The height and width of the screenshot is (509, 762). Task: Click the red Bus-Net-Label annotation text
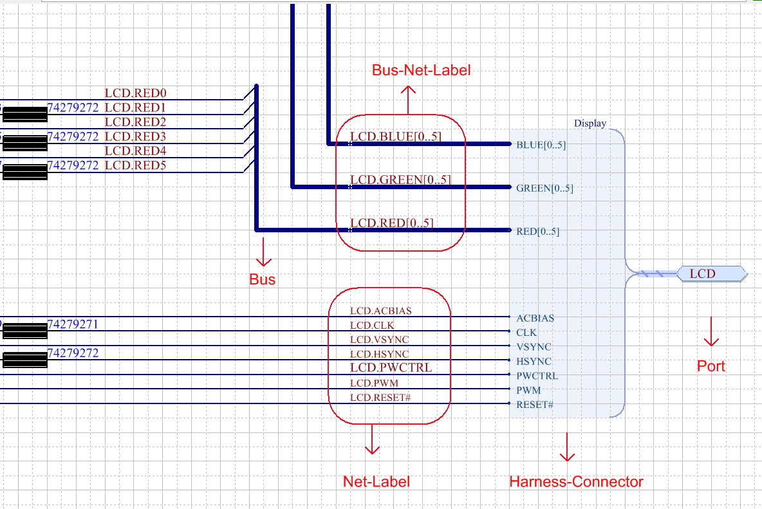421,70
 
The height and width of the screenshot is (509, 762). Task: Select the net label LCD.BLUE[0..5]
396,136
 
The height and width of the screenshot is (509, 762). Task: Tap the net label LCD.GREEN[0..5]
400,180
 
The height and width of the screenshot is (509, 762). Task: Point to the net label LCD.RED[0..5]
391,223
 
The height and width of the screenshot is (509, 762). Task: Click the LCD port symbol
711,273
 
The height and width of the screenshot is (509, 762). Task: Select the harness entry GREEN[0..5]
544,189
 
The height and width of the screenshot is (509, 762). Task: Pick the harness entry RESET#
535,405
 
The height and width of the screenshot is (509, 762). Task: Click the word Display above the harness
590,123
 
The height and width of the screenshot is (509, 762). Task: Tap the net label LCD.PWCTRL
391,368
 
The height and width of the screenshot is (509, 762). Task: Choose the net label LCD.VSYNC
379,339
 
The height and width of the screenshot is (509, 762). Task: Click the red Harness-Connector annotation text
576,481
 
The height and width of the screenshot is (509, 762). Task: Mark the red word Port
711,366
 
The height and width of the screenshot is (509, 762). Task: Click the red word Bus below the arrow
262,279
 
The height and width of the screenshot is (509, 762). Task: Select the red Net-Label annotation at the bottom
376,481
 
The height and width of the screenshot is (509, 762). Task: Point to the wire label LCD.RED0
135,93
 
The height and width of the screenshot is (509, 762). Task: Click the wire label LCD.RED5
135,165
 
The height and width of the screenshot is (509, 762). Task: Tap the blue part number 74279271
73,324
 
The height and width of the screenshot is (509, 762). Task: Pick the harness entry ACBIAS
535,318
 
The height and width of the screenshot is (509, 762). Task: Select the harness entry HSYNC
534,362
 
